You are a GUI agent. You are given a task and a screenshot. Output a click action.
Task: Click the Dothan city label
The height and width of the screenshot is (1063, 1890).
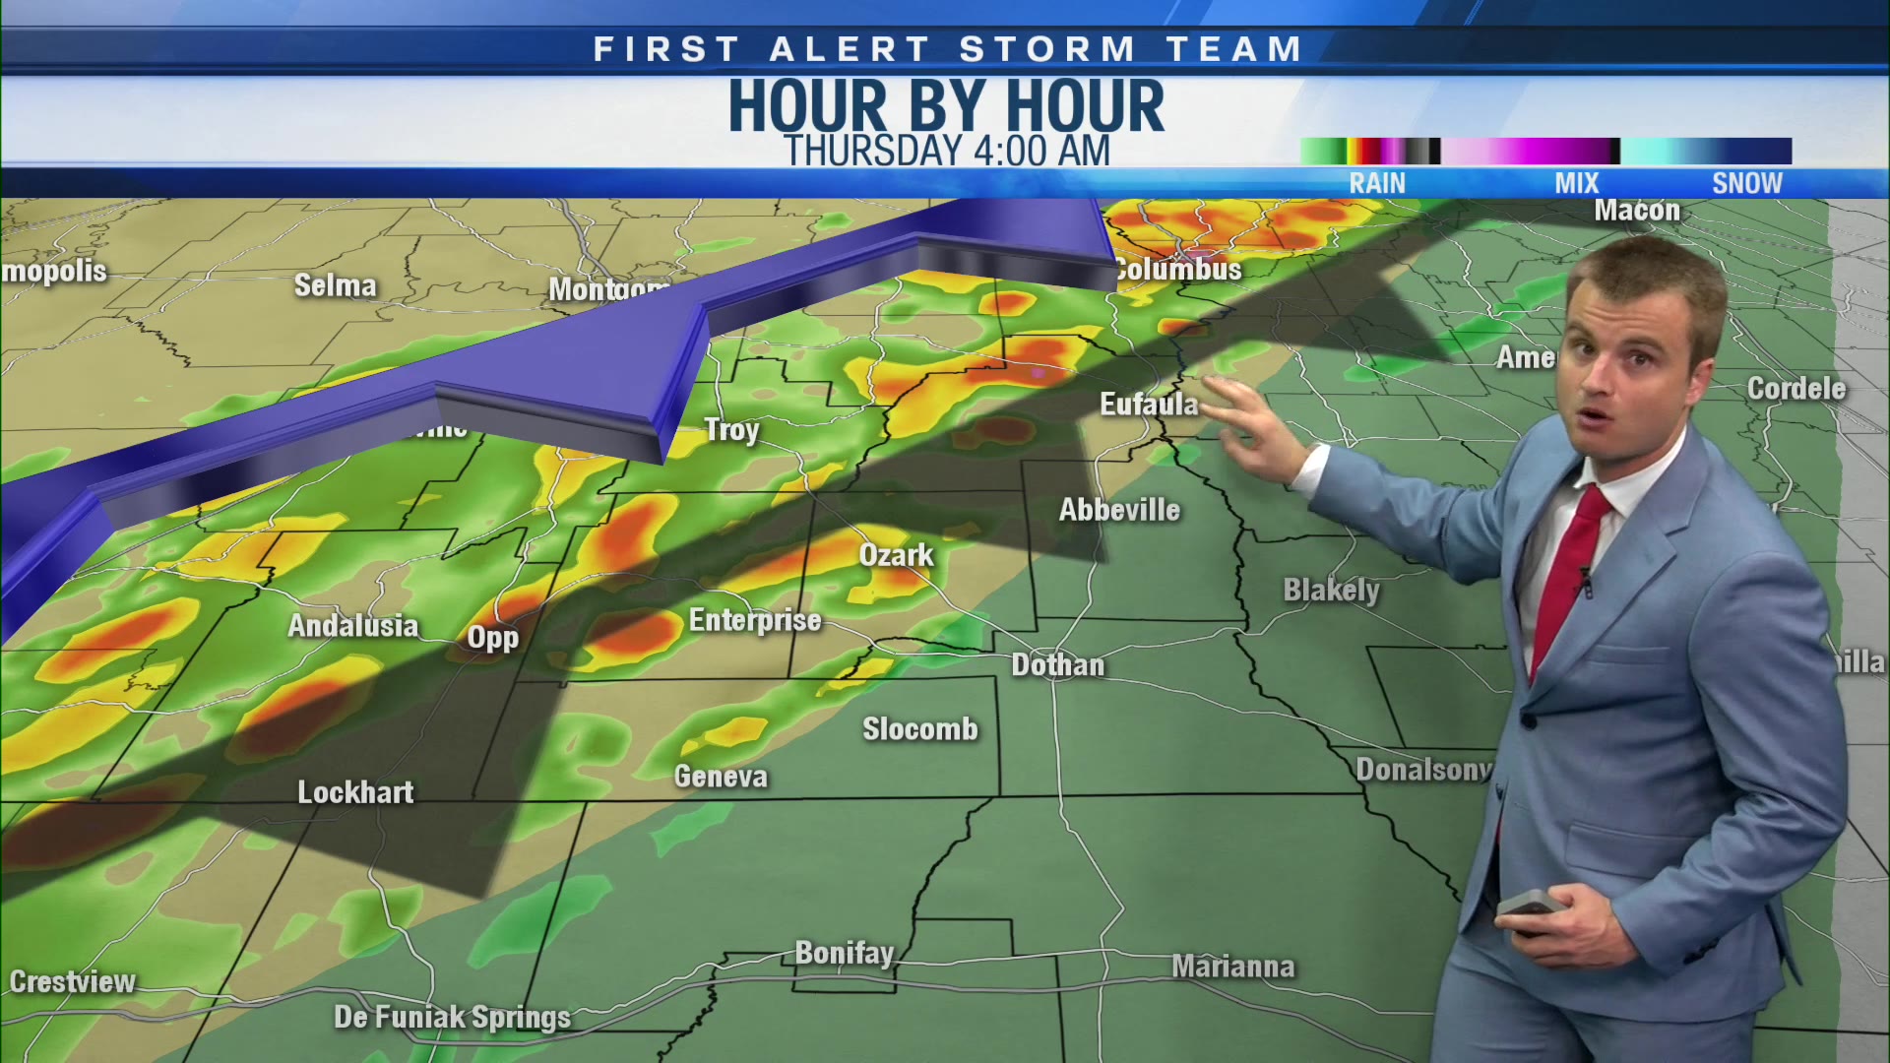(x=1057, y=665)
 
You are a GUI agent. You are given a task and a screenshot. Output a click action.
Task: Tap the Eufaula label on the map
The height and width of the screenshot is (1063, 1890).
(x=1148, y=405)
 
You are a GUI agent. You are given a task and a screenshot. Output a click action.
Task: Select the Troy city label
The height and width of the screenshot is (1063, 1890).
(x=731, y=430)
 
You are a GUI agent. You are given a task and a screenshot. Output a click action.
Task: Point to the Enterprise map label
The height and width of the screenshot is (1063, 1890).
(x=754, y=620)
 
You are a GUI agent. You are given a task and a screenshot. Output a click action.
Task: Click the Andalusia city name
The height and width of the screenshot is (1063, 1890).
(x=352, y=626)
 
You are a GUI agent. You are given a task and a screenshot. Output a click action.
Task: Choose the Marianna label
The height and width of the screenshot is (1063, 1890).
(x=1232, y=967)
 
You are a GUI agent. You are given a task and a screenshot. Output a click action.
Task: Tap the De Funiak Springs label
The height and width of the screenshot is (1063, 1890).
(x=452, y=1017)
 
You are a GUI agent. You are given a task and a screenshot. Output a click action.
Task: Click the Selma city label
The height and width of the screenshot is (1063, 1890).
(x=335, y=285)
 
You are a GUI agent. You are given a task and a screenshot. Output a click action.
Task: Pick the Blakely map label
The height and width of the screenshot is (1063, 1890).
(x=1331, y=590)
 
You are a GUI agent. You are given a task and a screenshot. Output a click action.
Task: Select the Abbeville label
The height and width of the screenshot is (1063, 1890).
(x=1119, y=510)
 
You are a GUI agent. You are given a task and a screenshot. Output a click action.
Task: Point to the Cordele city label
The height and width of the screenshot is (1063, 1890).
(x=1795, y=389)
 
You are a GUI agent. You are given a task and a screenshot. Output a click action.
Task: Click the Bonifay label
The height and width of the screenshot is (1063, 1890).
(x=844, y=953)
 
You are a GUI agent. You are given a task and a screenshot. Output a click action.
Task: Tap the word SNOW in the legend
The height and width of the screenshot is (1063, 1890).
(x=1746, y=183)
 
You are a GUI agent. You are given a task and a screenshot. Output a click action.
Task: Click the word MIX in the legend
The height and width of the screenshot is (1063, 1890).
(x=1576, y=183)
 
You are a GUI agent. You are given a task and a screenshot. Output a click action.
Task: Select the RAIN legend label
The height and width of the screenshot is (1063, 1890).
(x=1377, y=183)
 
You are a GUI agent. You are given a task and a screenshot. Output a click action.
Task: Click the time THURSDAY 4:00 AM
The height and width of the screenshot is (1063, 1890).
(x=946, y=152)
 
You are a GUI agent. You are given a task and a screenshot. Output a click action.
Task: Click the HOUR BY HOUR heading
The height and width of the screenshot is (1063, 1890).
(x=946, y=105)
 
